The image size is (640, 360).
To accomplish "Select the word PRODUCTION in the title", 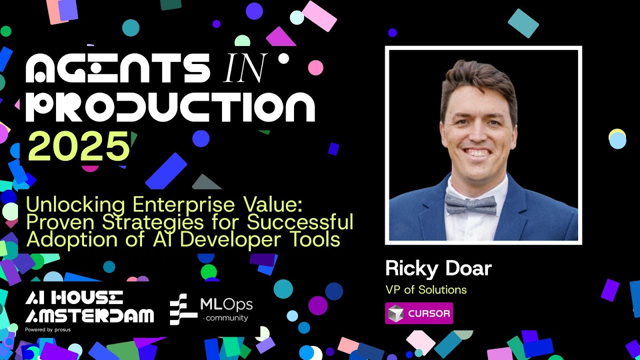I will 170,107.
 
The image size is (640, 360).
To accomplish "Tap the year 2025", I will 78,146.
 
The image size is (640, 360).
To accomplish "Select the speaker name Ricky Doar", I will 438,269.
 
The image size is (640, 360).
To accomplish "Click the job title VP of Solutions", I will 426,289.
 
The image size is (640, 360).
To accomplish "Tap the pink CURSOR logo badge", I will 419,313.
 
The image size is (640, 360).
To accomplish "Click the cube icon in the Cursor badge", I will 396,313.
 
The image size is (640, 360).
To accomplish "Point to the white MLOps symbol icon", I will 183,309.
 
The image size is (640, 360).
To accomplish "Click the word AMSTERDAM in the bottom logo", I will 89,316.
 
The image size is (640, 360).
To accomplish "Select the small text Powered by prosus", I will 47,330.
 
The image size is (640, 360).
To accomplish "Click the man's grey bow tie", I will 470,204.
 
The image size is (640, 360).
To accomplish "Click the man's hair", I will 477,80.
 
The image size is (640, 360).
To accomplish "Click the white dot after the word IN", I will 283,59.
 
